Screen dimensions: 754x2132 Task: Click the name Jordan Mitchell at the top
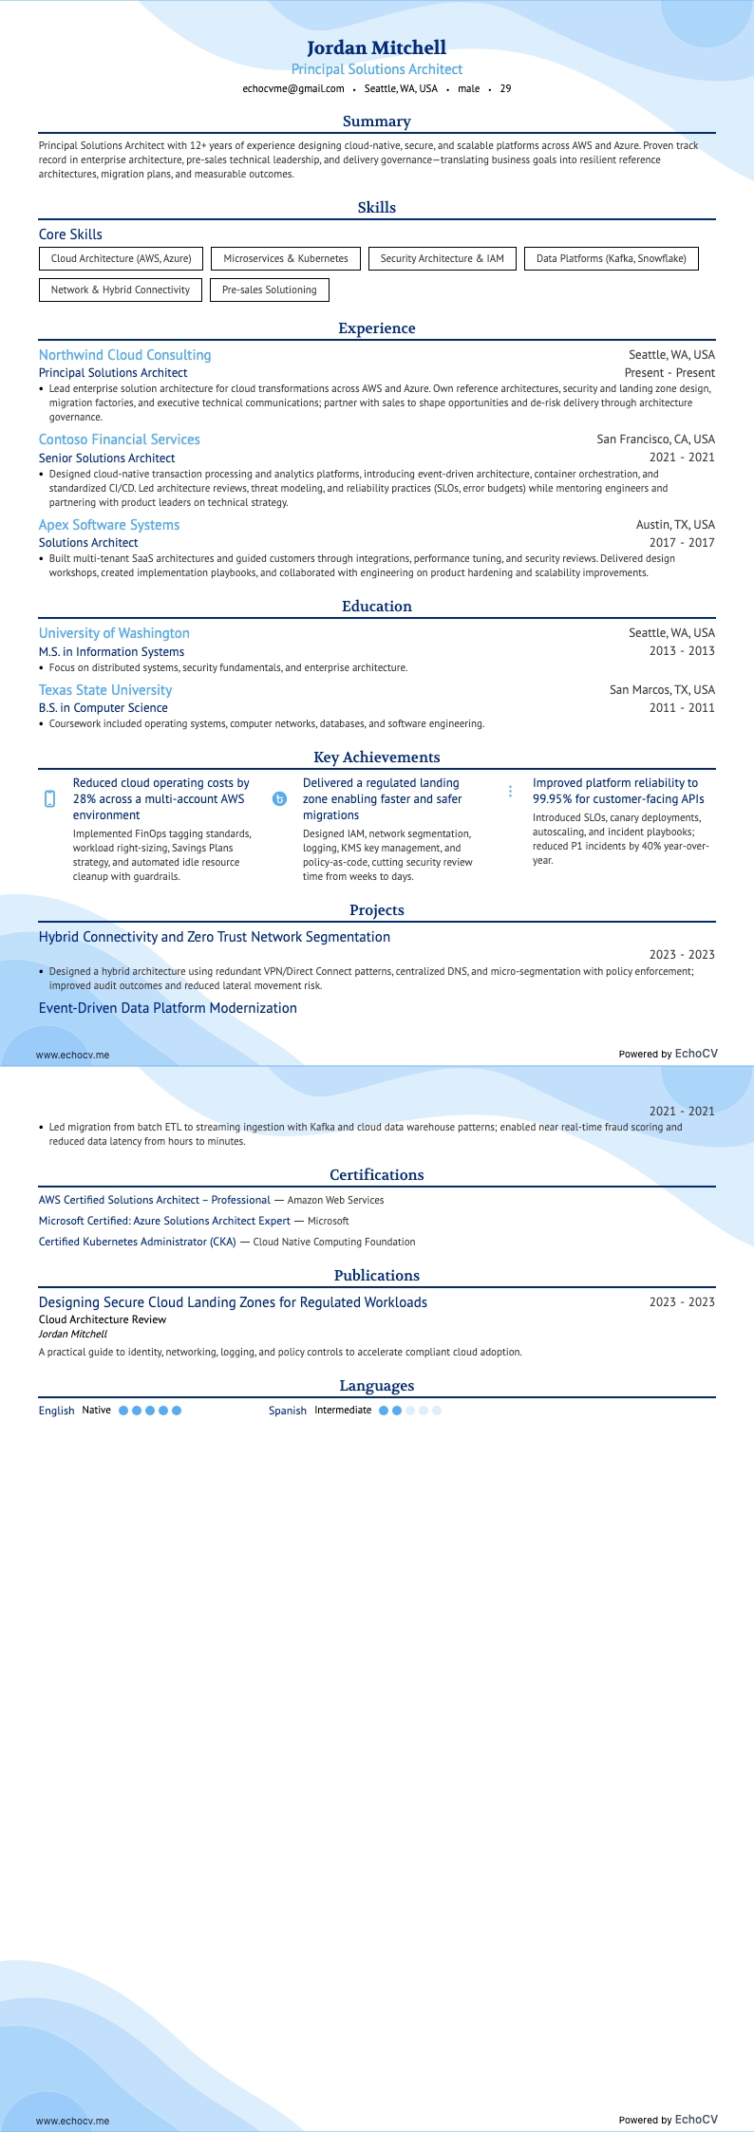376,47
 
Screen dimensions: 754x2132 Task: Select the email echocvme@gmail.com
293,88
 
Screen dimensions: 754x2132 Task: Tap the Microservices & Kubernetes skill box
286,258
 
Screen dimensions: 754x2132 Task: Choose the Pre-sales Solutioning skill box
270,290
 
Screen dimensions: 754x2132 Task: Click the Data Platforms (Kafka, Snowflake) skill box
611,258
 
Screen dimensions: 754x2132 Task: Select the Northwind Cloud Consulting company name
125,355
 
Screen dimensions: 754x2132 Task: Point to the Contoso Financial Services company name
120,439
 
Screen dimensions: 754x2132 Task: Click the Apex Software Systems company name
109,525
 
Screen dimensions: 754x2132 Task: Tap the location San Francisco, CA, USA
655,439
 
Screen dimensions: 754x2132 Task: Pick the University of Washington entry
114,633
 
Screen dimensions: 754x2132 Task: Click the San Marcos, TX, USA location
662,690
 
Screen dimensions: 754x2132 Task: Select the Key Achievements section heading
377,757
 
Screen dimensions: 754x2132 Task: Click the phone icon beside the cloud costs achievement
50,799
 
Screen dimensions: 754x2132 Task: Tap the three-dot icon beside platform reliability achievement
510,791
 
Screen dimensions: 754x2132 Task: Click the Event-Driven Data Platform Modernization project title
168,1008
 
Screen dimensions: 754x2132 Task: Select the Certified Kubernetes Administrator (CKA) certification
138,1242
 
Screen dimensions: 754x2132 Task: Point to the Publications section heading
377,1276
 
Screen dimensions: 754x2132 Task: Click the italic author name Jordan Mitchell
73,1334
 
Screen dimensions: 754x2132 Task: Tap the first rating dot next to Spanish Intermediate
384,1411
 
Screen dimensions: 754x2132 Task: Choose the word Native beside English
97,1411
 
